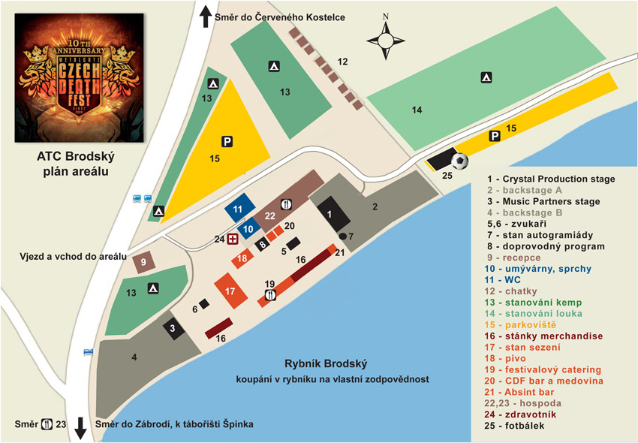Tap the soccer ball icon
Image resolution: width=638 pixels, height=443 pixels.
click(x=459, y=160)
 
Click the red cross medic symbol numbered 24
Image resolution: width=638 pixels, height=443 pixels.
click(x=233, y=239)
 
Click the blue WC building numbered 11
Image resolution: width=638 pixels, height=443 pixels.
click(x=238, y=209)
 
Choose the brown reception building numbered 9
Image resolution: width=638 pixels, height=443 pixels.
click(x=143, y=262)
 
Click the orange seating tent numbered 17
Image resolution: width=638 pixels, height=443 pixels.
click(x=230, y=291)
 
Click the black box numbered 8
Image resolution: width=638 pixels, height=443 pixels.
click(x=262, y=243)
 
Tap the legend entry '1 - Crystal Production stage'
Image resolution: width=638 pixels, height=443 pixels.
click(x=551, y=179)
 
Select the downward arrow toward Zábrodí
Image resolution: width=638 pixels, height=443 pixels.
click(x=80, y=429)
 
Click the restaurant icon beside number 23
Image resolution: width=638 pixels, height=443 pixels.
click(x=47, y=424)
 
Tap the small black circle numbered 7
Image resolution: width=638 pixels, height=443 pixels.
click(x=342, y=237)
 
